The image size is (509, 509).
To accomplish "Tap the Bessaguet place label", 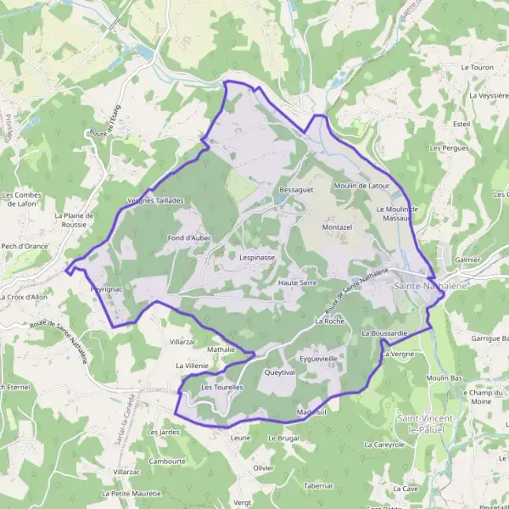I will pos(296,190).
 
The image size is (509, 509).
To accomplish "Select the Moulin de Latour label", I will pos(361,185).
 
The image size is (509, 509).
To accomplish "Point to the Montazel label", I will pos(337,228).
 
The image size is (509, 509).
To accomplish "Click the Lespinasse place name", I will pos(257,256).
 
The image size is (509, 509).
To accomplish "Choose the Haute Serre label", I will pos(297,282).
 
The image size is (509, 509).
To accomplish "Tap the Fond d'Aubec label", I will pos(189,238).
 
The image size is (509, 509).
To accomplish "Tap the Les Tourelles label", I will pos(221,387).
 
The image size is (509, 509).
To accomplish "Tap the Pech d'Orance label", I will pos(25,247).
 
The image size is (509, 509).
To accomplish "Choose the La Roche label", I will pos(328,322).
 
